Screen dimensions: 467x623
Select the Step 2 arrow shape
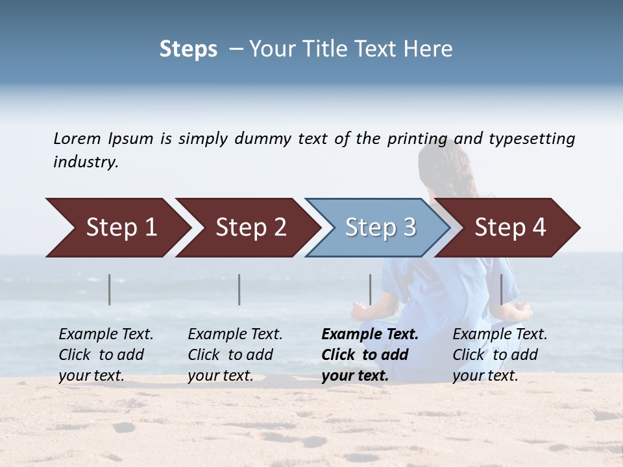click(x=250, y=228)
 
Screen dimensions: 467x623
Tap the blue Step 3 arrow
click(x=379, y=228)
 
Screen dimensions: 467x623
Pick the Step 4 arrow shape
click(x=510, y=228)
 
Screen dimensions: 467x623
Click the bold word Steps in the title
click(x=188, y=49)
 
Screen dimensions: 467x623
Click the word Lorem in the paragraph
click(x=77, y=138)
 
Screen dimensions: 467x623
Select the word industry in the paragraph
click(x=86, y=162)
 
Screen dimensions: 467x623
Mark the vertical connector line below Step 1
click(x=110, y=289)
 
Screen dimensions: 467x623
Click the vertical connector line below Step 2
click(x=239, y=289)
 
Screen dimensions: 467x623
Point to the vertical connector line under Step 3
click(x=371, y=289)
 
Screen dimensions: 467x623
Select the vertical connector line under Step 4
click(x=502, y=289)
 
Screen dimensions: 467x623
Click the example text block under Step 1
click(x=106, y=355)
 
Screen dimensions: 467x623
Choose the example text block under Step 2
click(x=235, y=355)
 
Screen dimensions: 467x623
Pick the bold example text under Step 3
click(x=369, y=355)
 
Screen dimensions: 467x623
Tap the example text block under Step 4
click(x=500, y=355)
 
